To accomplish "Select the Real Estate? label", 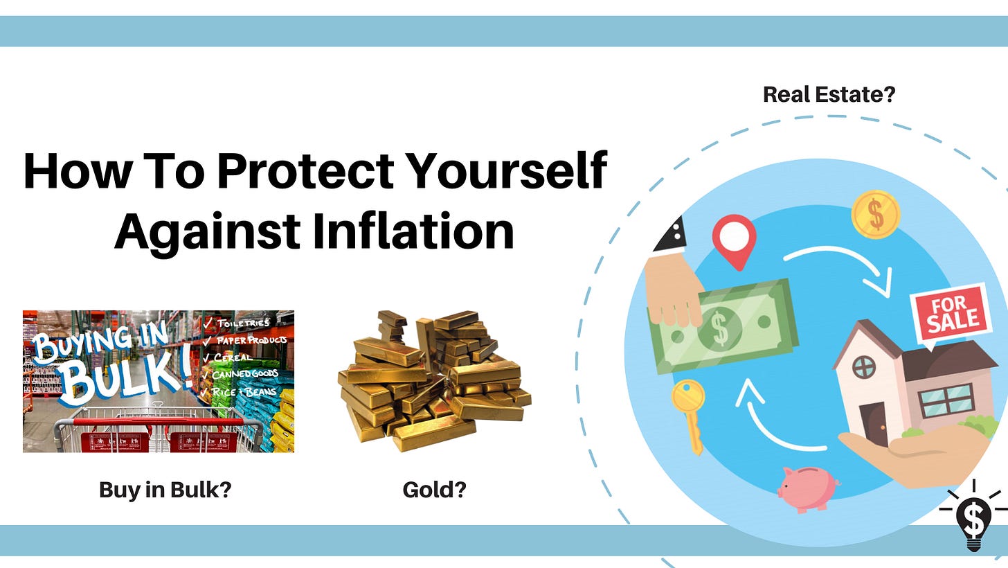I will [x=829, y=94].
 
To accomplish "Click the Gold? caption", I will [x=434, y=490].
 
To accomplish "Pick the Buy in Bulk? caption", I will [x=165, y=490].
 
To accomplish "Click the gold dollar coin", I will [x=875, y=215].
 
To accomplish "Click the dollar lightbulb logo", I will [x=973, y=516].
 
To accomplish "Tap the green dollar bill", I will [x=724, y=326].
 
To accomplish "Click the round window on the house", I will [x=864, y=366].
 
